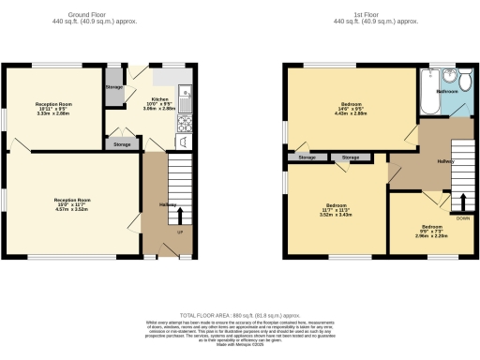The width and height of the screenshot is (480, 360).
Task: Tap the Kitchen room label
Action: [159, 98]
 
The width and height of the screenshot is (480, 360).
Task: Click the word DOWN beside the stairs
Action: [462, 217]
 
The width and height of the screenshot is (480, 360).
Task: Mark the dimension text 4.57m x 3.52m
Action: [71, 210]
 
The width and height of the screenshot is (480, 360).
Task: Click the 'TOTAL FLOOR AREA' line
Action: [239, 315]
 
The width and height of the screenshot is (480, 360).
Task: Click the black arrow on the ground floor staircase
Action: [180, 211]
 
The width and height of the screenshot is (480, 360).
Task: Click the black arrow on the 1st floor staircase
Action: [462, 201]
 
